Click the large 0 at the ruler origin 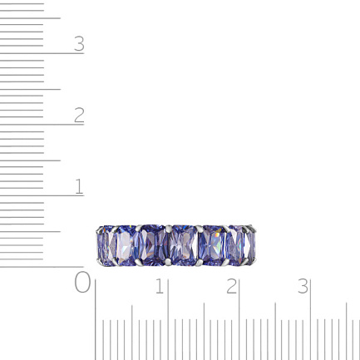coord(82,282)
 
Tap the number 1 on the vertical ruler coord(79,186)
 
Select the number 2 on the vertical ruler coord(79,115)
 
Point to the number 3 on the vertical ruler coord(79,43)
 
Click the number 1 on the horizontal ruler coord(160,286)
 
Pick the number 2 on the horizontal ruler coord(231,286)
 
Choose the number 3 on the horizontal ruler coord(303,286)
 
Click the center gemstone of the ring coord(184,245)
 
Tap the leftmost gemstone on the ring coord(106,246)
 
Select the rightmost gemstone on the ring coord(249,245)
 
